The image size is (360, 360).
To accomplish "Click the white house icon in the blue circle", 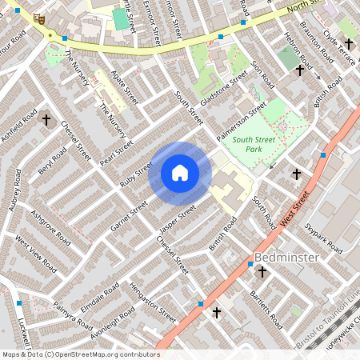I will click(180, 173).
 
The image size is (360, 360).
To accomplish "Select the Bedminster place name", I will click(287, 258).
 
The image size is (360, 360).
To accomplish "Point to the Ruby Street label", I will click(136, 174).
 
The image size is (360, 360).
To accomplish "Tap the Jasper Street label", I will click(177, 216).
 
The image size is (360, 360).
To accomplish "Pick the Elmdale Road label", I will click(100, 297).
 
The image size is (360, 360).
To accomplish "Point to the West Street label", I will click(296, 207).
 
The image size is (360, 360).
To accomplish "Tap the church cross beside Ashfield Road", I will click(46, 121).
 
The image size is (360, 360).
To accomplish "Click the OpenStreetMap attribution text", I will click(81, 354).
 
